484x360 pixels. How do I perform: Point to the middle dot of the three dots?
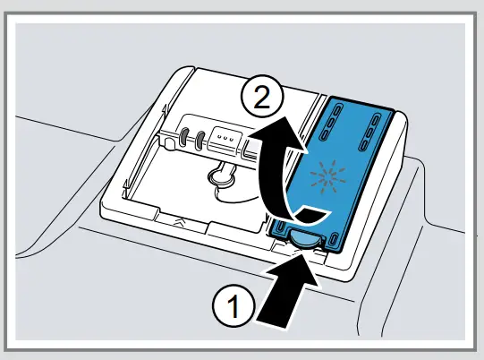coord(225,141)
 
